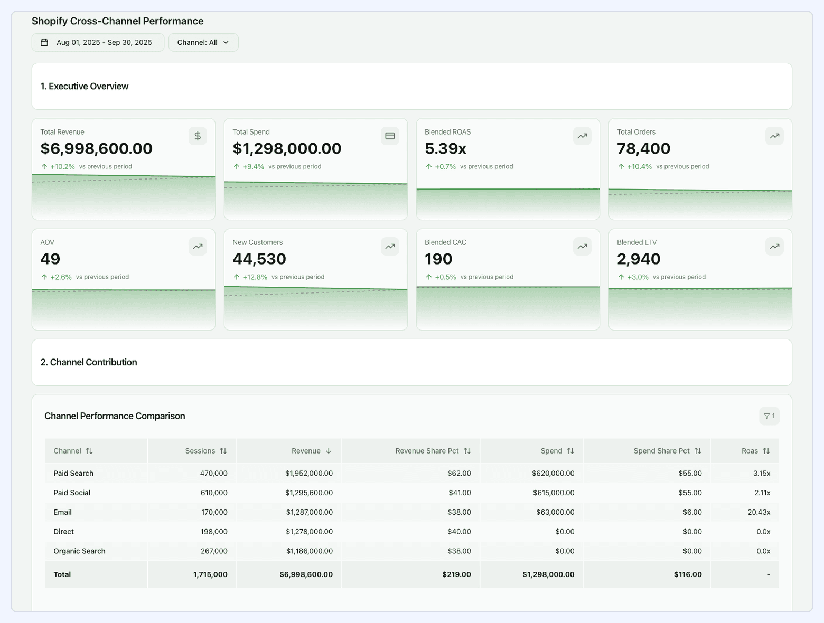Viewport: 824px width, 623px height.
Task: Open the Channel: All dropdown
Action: tap(203, 42)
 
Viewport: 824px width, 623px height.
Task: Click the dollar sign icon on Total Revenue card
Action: tap(198, 136)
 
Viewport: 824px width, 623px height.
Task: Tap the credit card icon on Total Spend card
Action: tap(390, 136)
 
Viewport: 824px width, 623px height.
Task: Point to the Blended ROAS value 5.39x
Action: tap(445, 149)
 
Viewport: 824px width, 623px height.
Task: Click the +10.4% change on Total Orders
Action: tap(639, 167)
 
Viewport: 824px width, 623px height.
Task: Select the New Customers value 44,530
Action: tap(259, 259)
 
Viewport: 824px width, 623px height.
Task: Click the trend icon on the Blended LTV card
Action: tap(774, 247)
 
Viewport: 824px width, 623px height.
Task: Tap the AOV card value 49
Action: tap(50, 259)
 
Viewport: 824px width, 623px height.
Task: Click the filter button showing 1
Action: tap(769, 416)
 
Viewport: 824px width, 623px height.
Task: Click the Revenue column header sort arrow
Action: tap(329, 451)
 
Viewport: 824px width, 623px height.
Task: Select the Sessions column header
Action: tap(200, 451)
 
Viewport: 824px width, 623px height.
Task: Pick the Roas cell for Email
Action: tap(759, 512)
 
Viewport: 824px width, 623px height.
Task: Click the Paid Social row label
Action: tap(72, 493)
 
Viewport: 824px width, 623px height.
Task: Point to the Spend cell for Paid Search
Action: tap(553, 474)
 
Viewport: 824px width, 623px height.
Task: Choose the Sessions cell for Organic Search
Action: tap(214, 551)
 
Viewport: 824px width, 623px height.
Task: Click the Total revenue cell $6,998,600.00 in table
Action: tap(306, 574)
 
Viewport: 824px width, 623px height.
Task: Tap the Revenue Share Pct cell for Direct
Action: tap(459, 532)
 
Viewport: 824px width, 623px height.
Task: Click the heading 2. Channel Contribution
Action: tap(89, 362)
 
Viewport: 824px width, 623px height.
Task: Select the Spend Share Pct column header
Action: tap(661, 451)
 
